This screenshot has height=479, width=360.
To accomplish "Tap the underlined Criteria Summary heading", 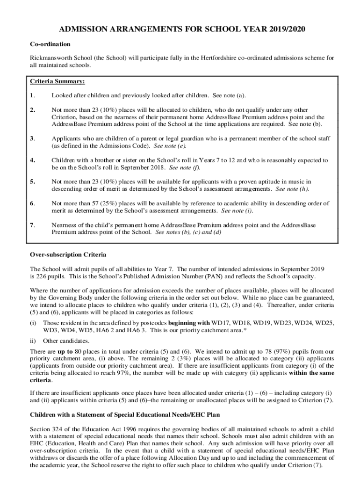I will tap(57, 81).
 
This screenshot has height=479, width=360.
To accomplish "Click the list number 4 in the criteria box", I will tap(32, 160).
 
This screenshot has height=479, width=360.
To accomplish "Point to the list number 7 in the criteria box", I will tap(32, 225).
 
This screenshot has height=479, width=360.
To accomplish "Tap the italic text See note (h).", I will tap(292, 189).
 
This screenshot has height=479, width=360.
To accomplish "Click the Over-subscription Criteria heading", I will tap(68, 255).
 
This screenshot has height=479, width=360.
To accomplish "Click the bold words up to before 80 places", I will tap(65, 351).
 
